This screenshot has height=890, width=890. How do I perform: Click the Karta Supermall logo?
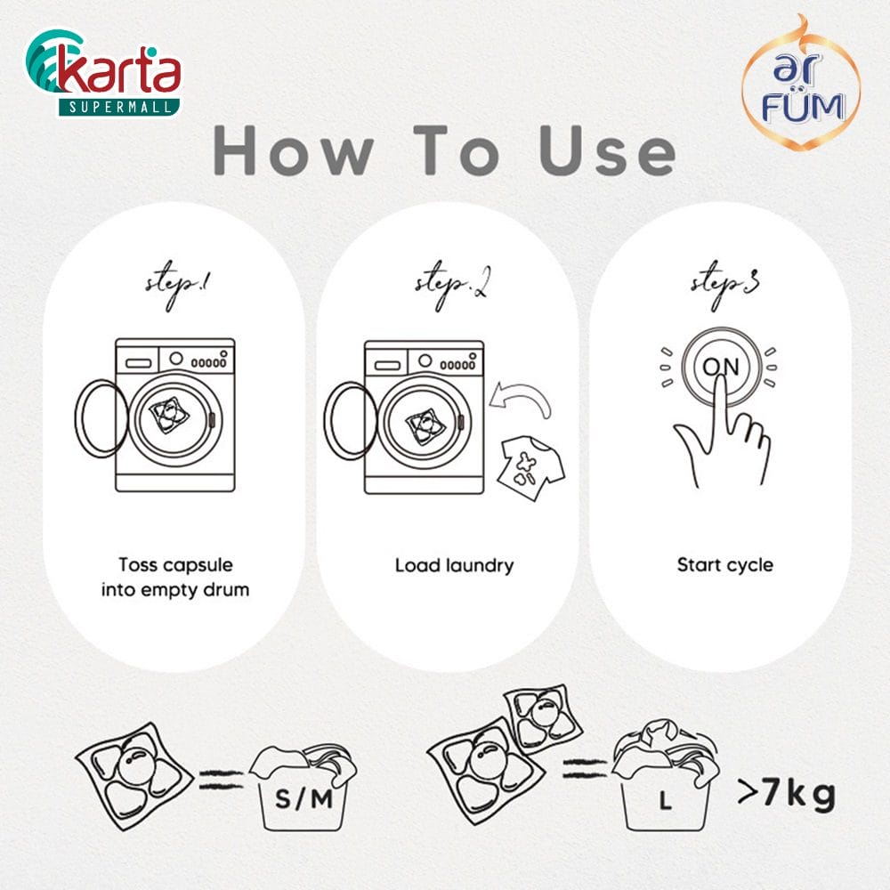[103, 73]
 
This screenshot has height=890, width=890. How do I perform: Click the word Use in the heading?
[607, 150]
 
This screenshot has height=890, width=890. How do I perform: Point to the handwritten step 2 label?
[452, 286]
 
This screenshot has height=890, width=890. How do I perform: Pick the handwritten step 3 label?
[724, 285]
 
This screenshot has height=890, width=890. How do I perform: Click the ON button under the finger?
[721, 366]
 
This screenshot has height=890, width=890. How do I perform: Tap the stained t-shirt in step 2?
[531, 468]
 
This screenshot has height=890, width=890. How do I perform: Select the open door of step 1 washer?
[101, 417]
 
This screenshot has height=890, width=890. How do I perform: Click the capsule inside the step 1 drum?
[168, 416]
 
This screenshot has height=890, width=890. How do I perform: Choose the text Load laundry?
[454, 565]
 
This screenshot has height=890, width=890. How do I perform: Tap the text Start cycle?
[724, 565]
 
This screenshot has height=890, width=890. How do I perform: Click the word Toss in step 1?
[137, 565]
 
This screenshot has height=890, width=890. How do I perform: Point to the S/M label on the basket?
[303, 799]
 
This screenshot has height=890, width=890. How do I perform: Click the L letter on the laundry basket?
[665, 801]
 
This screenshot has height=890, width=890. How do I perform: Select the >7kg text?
[787, 793]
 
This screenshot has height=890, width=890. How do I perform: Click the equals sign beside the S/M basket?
[222, 780]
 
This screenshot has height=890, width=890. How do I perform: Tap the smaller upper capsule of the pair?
[543, 718]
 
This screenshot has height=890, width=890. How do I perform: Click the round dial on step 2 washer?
[425, 360]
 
